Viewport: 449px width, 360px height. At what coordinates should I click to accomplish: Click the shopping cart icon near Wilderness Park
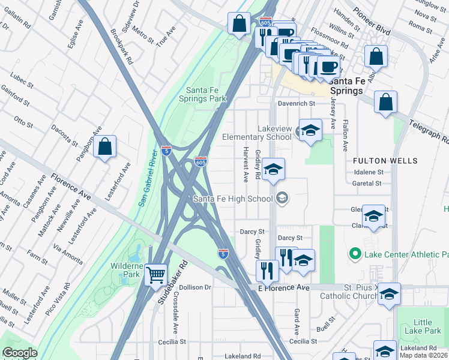pos(156,275)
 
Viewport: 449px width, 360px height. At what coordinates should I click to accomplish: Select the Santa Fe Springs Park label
pos(205,94)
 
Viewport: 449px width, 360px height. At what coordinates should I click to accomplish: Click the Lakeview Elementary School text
pos(257,133)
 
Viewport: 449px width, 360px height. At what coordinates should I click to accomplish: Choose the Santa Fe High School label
pos(233,199)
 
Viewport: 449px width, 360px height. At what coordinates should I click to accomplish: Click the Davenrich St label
pos(296,103)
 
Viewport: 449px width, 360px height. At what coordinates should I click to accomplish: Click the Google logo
pos(20,353)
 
